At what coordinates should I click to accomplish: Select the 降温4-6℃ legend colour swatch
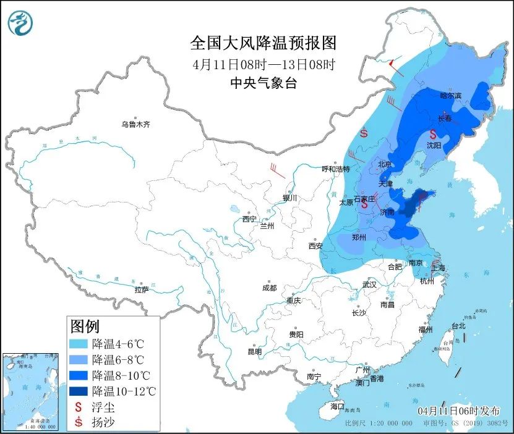click(x=79, y=344)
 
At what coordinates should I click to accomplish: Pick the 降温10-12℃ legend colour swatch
click(x=79, y=391)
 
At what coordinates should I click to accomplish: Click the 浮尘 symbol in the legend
click(x=79, y=407)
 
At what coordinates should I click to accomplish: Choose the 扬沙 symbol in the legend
click(x=79, y=422)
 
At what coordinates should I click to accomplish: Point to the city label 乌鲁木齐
click(x=135, y=125)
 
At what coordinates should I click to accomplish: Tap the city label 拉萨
click(x=142, y=289)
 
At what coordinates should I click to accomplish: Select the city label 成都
click(x=269, y=288)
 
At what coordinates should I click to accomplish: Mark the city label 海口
click(x=336, y=406)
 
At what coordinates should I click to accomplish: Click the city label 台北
click(x=458, y=325)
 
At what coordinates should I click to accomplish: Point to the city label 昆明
click(x=255, y=351)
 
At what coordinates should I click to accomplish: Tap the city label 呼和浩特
click(x=336, y=169)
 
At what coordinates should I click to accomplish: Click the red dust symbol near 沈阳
click(x=434, y=133)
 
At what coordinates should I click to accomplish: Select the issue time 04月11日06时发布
click(x=453, y=411)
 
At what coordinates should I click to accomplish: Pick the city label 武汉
click(x=369, y=285)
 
